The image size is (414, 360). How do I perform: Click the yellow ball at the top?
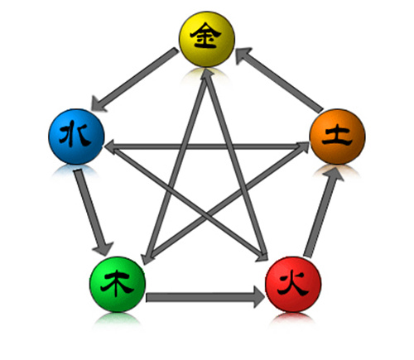point(207,39)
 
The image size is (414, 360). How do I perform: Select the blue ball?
point(76,137)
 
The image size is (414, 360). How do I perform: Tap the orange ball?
point(337,137)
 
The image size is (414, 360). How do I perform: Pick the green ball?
point(118,284)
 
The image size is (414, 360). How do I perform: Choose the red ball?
point(293,284)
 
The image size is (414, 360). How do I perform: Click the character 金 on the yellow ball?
point(206,36)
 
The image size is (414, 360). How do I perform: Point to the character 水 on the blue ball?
point(75,136)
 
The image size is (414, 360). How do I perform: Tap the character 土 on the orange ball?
point(337,136)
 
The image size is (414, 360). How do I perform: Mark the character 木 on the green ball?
point(117,283)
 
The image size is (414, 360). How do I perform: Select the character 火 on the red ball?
point(292,284)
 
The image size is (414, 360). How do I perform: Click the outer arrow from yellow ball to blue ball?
point(135,79)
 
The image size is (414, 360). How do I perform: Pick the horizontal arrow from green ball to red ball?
point(205,297)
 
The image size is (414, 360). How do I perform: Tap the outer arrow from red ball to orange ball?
point(324,212)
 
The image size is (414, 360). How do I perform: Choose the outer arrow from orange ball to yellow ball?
point(279,80)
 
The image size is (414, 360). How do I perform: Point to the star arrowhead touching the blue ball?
point(112,146)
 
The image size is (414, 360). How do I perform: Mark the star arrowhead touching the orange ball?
point(303,146)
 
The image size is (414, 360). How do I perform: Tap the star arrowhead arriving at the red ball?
point(262,256)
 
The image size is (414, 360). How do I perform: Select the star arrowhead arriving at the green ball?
point(147,257)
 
